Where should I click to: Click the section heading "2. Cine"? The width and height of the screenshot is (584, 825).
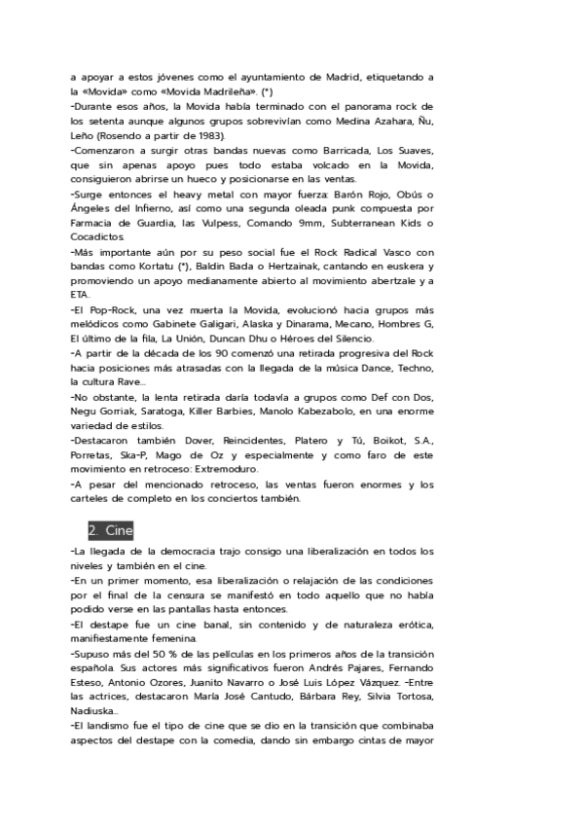coord(110,531)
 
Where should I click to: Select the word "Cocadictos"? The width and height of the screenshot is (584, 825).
coord(97,237)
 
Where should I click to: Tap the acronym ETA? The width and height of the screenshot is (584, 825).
coord(80,296)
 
